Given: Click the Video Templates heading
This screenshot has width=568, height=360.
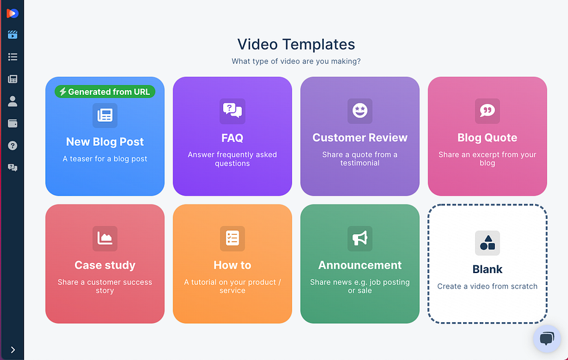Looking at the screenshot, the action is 296,44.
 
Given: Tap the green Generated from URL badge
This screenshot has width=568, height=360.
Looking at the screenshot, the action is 105,92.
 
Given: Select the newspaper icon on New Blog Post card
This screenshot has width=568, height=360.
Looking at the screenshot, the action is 105,115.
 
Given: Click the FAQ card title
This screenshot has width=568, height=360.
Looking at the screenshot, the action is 232,138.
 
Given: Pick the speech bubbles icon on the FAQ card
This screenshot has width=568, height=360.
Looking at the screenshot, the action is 232,111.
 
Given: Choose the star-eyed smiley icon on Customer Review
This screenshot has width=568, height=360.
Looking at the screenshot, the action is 360,111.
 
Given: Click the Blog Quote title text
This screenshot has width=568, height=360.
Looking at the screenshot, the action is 487,138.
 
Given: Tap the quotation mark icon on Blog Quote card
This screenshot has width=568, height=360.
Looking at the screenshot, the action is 487,111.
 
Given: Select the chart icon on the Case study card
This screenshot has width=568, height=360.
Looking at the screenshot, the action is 105,239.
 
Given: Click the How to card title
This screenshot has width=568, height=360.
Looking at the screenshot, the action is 232,265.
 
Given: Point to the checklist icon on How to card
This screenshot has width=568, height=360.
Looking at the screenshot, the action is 232,239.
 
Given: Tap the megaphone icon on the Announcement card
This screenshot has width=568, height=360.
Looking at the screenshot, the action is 360,239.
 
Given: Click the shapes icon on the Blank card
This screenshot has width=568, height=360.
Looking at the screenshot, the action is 487,243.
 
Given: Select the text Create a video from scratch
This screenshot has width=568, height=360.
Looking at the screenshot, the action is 487,286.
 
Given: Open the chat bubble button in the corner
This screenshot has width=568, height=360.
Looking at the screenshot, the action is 546,338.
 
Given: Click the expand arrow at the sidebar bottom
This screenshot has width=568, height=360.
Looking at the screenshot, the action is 13,349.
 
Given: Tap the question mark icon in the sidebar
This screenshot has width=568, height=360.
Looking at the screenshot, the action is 13,146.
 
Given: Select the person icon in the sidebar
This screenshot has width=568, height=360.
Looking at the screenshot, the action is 13,101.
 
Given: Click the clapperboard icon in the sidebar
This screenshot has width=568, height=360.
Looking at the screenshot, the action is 13,35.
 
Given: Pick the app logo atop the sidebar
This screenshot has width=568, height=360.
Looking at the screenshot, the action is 13,13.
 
